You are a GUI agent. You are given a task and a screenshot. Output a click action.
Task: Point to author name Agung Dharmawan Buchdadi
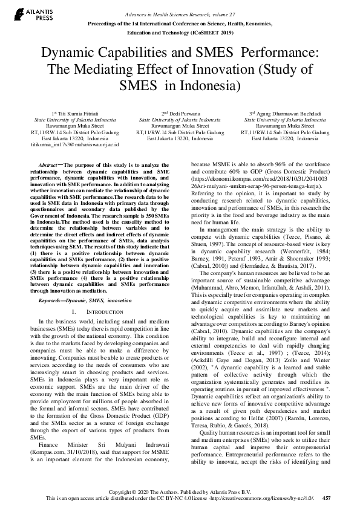tap(288, 114)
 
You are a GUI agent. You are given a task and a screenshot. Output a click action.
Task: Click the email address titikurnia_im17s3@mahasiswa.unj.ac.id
tap(75, 144)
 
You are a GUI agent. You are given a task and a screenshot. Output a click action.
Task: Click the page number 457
tap(327, 499)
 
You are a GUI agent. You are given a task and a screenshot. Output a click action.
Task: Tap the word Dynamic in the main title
tap(70, 53)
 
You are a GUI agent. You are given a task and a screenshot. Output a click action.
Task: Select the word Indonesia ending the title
tap(206, 84)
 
